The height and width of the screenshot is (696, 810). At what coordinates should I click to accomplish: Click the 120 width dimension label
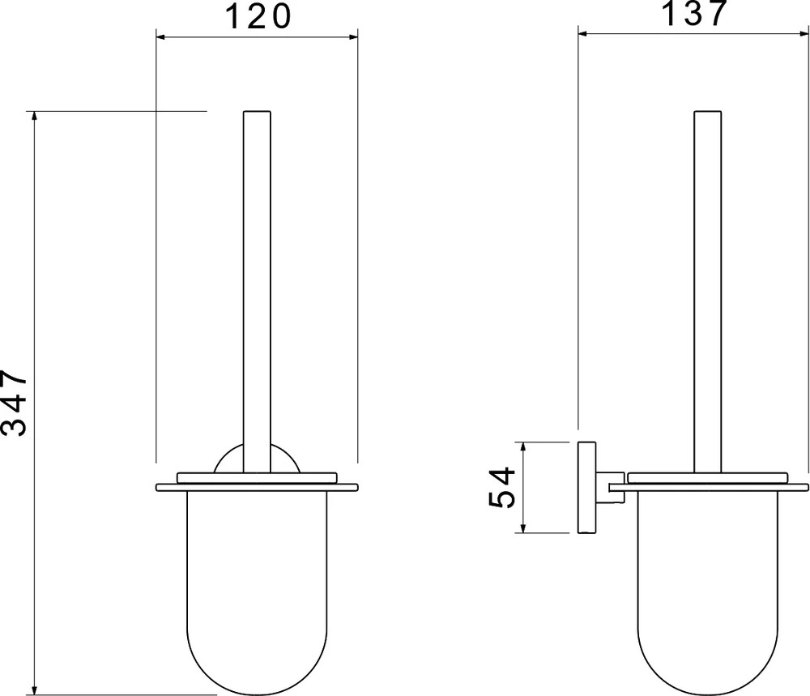[x=259, y=16]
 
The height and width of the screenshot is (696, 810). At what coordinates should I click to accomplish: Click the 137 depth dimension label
[x=694, y=14]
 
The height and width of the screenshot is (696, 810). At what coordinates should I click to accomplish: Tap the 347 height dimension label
[x=14, y=403]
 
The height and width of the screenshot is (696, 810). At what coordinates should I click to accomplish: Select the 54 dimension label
[x=502, y=487]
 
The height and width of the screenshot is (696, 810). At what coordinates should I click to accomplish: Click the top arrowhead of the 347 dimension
[x=35, y=115]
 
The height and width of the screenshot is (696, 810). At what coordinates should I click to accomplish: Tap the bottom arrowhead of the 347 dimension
[x=35, y=690]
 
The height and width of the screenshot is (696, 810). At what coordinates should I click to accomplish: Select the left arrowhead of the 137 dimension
[x=582, y=33]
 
